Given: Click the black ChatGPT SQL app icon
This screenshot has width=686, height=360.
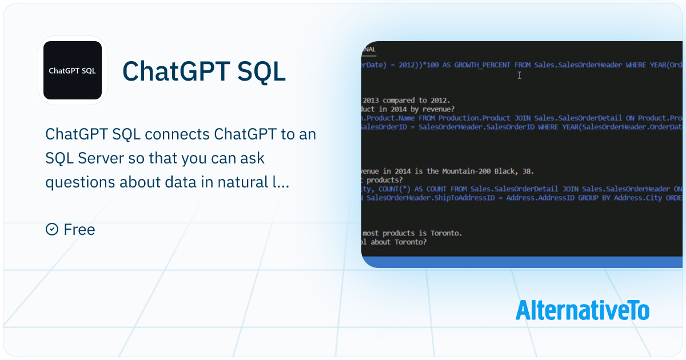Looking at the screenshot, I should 72,71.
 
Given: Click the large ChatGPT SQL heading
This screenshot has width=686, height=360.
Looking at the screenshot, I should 204,71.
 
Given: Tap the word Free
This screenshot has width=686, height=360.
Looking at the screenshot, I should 79,230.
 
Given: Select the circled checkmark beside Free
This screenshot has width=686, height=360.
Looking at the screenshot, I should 52,230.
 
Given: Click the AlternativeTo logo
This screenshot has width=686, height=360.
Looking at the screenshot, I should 582,310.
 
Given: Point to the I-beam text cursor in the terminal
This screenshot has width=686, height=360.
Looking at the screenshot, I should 519,75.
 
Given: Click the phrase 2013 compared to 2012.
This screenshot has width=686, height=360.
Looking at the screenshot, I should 406,100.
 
